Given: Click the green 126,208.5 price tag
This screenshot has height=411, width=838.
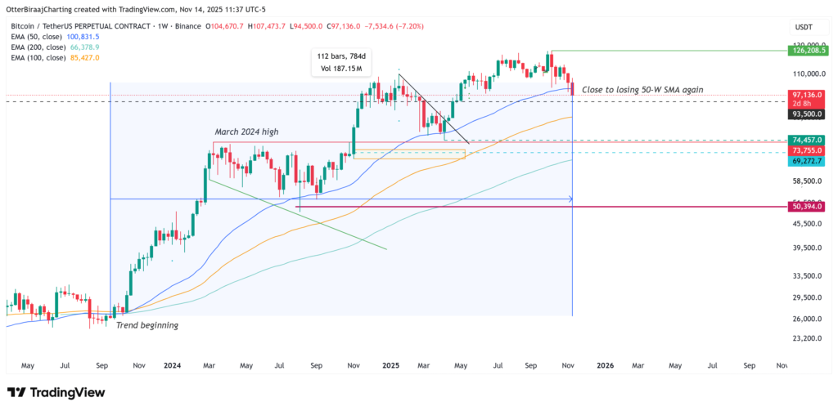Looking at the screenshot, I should pyautogui.click(x=810, y=51).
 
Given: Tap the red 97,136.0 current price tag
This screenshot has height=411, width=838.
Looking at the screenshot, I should pyautogui.click(x=810, y=95).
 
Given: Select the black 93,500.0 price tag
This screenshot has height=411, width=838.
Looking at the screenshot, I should pyautogui.click(x=810, y=114).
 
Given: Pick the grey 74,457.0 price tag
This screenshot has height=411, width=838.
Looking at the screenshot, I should pyautogui.click(x=810, y=141).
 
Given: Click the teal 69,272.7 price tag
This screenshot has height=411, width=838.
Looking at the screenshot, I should pyautogui.click(x=810, y=162).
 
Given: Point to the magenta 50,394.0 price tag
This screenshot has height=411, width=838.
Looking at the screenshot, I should pyautogui.click(x=810, y=206).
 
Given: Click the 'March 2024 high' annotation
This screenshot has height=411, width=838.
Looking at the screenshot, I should pyautogui.click(x=251, y=132).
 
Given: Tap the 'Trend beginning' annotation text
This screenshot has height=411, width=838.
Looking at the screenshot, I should pyautogui.click(x=146, y=324).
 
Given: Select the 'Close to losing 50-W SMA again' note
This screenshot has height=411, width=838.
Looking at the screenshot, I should pyautogui.click(x=642, y=89).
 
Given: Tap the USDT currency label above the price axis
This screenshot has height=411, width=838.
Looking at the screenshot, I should pyautogui.click(x=804, y=27).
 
